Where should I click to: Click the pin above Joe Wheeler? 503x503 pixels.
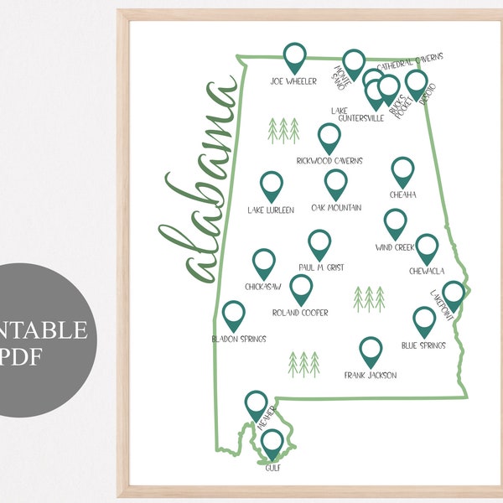point(294,57)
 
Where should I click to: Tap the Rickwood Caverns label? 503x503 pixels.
point(328,160)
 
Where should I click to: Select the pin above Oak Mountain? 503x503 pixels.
point(335,184)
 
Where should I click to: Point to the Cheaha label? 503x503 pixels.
point(402,195)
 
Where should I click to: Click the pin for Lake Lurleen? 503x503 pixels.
point(271,186)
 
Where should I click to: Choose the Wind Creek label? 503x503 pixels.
point(396,248)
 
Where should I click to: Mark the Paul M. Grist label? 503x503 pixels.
point(321,267)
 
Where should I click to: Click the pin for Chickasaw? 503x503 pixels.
point(264,263)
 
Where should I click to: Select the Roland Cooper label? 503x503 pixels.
point(301,313)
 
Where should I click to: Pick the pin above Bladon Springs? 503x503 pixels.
point(234,315)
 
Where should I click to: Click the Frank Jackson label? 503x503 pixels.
point(371,375)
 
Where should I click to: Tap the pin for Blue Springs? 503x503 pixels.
point(424,321)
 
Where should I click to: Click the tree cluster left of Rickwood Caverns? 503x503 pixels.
point(283,130)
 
